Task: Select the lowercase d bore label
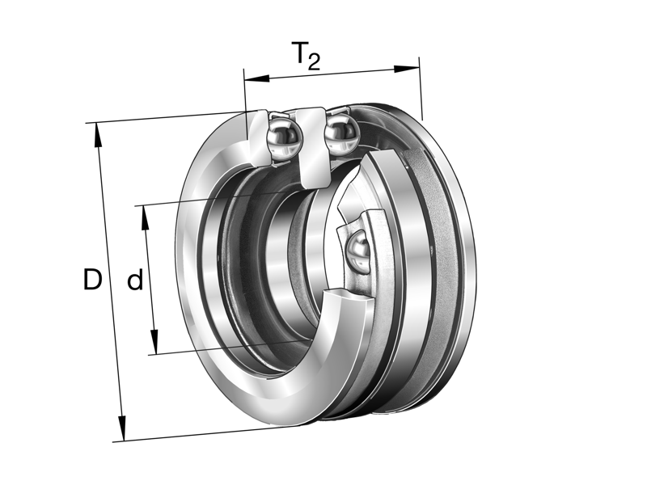(135, 280)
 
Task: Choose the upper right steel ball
(340, 131)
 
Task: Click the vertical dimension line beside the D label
(111, 242)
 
